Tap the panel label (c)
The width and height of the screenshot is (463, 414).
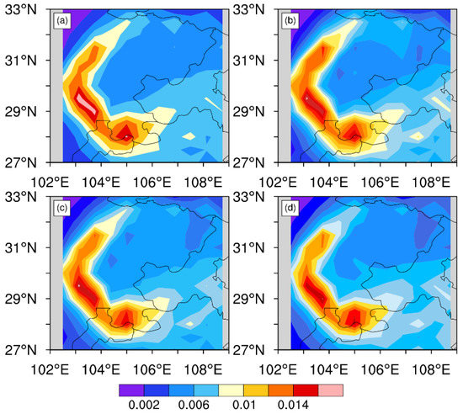tap(62, 209)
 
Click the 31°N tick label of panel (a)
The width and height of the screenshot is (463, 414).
tap(24, 61)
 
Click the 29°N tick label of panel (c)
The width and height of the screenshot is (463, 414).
tap(24, 299)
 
